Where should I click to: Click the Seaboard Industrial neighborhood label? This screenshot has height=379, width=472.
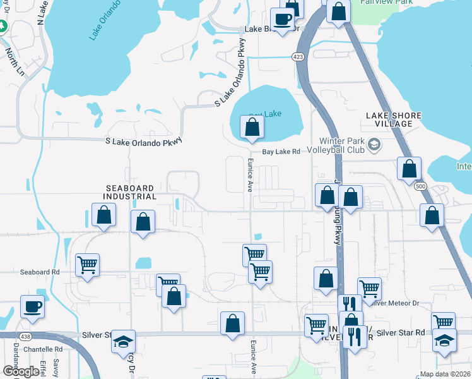(131, 192)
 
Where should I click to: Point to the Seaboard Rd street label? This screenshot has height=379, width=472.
(39, 272)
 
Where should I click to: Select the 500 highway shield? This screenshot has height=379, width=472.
(420, 186)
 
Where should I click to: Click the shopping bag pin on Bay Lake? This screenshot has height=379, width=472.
(252, 128)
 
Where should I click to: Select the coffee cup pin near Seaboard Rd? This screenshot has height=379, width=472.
(32, 307)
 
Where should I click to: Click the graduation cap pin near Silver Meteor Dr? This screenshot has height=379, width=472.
(444, 340)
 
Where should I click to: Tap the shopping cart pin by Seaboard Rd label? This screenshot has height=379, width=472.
(87, 265)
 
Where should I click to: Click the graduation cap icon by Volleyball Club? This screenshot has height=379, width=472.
(374, 145)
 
